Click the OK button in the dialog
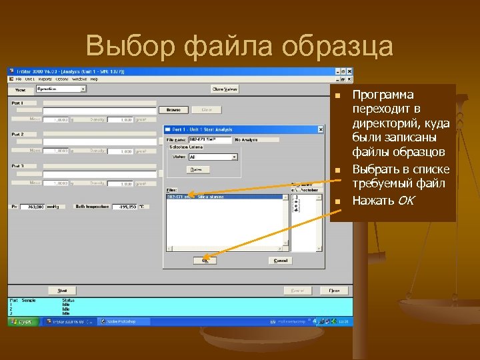(205, 261)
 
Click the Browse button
(173, 110)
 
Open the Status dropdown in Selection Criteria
(234, 157)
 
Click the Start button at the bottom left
(63, 291)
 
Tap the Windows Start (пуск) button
(23, 321)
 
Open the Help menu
(94, 79)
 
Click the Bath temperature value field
(125, 207)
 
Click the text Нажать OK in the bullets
(383, 200)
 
